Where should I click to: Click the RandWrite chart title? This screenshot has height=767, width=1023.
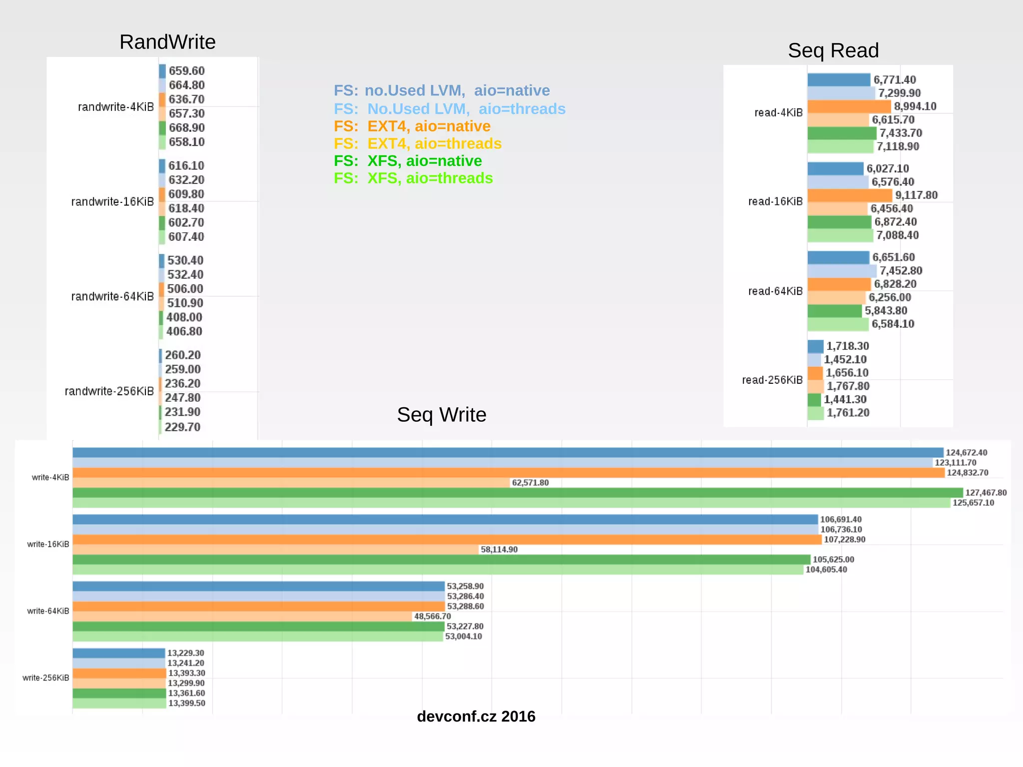click(167, 42)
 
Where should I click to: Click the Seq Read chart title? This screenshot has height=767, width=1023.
click(833, 50)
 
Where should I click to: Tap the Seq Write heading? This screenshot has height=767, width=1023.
click(442, 415)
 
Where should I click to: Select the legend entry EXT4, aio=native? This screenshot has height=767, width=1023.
click(412, 126)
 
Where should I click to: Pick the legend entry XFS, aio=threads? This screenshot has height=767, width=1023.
click(413, 178)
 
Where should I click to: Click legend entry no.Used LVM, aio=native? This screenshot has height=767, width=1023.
click(442, 90)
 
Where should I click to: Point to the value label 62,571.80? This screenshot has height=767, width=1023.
click(530, 483)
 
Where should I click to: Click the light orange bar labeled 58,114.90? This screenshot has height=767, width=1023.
click(275, 550)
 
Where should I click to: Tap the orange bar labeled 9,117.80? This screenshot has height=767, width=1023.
click(849, 195)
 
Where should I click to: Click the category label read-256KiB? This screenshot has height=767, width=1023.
click(772, 380)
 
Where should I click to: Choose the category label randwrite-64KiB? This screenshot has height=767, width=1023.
click(112, 296)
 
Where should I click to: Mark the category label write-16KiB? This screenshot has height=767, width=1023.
click(48, 544)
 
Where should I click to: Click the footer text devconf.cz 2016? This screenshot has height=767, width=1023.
click(476, 717)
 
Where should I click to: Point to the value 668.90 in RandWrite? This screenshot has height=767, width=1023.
click(186, 128)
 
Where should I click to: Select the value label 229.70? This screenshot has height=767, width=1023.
click(182, 427)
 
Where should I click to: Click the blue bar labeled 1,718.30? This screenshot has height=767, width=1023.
click(815, 346)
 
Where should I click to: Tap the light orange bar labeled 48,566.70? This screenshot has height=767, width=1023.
click(242, 617)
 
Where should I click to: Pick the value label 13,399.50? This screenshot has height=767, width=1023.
click(186, 703)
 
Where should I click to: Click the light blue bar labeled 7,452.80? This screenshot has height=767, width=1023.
click(842, 271)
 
